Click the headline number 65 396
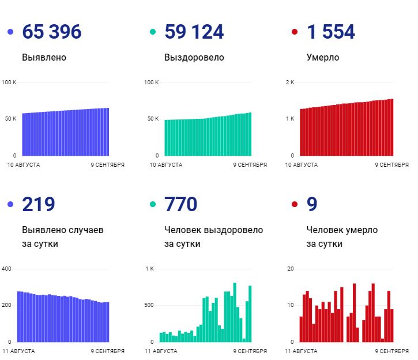(x=51, y=32)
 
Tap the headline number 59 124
(x=194, y=32)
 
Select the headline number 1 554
(x=331, y=32)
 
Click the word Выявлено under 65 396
(x=44, y=58)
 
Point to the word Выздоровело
(x=194, y=58)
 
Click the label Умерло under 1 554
(x=323, y=58)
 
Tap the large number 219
(x=38, y=204)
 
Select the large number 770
(x=180, y=204)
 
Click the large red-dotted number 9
(x=312, y=204)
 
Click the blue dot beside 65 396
(x=10, y=32)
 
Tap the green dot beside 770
(x=153, y=204)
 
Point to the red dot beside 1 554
(x=295, y=32)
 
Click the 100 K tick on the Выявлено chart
(x=9, y=82)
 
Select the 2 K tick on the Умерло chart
(x=289, y=82)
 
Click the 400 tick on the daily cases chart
(x=6, y=269)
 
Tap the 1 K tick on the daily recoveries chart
(x=149, y=269)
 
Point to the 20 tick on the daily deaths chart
(x=291, y=269)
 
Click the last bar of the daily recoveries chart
(x=250, y=313)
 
